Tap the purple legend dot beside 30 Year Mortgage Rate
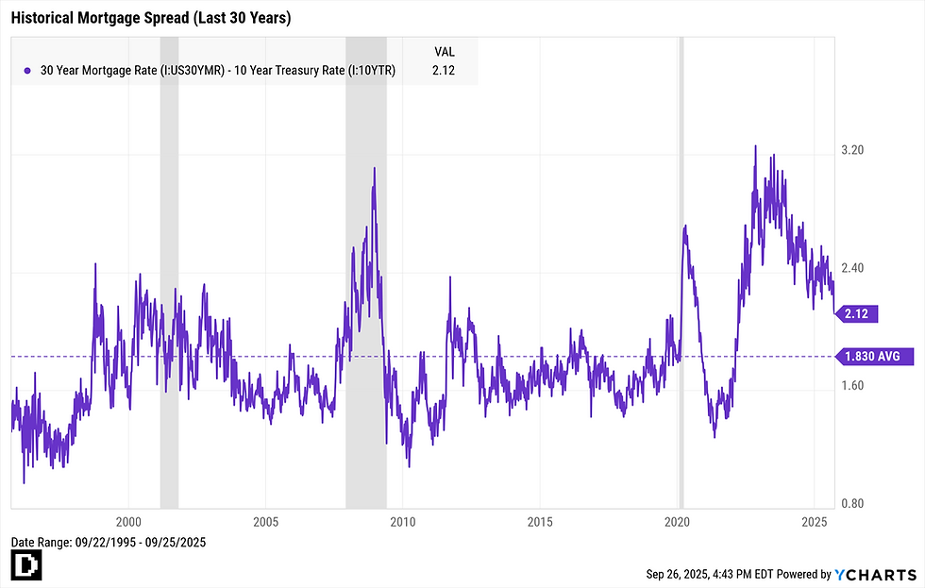(27, 71)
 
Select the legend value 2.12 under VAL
(444, 71)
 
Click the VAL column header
(444, 51)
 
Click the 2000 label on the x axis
(128, 522)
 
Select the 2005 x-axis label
(265, 522)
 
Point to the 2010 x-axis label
(403, 522)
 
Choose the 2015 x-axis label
(540, 522)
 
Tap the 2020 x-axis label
(677, 522)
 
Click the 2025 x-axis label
(815, 522)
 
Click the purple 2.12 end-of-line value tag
(859, 311)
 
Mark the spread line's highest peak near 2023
(756, 146)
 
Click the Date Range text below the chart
(108, 543)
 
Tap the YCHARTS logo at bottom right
(876, 574)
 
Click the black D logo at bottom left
(24, 566)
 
